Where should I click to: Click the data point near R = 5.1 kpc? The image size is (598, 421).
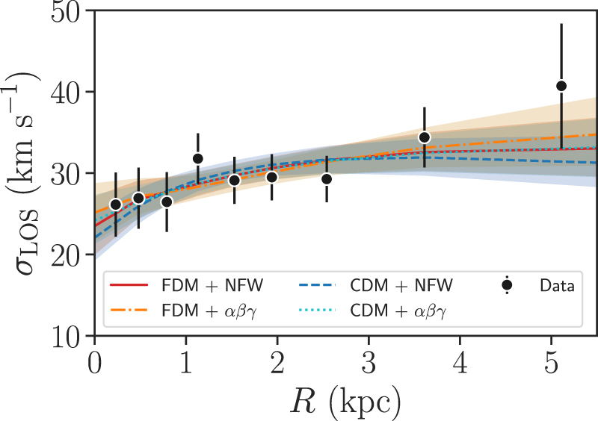[561, 86]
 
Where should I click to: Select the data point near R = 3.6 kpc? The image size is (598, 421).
[425, 137]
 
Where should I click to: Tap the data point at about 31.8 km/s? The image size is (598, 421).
[198, 158]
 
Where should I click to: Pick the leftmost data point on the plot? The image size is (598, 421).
[115, 205]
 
